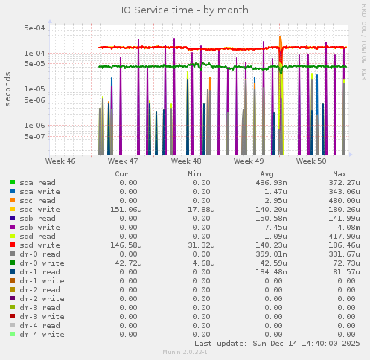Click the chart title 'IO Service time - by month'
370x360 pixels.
(185, 10)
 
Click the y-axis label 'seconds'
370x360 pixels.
(8, 89)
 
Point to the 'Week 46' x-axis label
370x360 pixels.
(60, 161)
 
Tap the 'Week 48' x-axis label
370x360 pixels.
(185, 161)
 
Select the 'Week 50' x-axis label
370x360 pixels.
(311, 161)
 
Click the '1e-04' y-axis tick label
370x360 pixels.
(35, 54)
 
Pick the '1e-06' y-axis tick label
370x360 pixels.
(35, 126)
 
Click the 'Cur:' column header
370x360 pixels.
(124, 173)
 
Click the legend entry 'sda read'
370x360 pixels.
(37, 182)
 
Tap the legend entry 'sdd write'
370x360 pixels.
(39, 245)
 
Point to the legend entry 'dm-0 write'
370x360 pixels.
(42, 263)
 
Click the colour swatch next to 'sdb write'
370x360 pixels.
(13, 227)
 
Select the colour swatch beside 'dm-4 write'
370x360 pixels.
(13, 334)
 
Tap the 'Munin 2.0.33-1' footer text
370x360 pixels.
(185, 352)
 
